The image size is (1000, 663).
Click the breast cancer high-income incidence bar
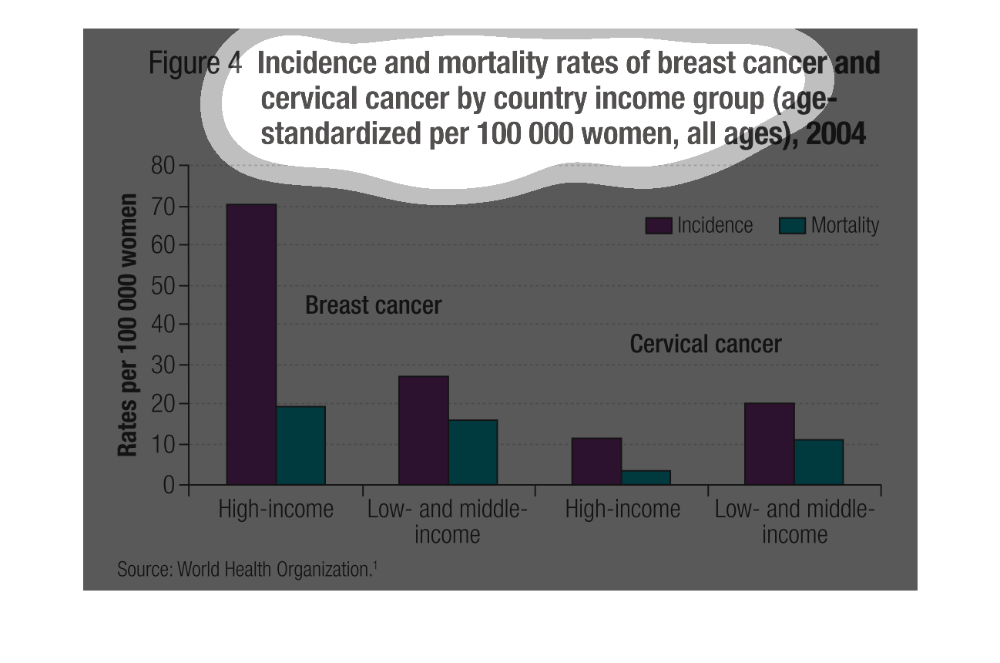tap(251, 344)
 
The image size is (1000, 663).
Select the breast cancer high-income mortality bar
tap(300, 446)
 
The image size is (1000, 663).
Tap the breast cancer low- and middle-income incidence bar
tap(423, 430)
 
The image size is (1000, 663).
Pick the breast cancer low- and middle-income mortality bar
tap(473, 453)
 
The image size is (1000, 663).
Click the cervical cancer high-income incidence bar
tap(596, 461)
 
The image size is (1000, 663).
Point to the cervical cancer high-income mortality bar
tap(646, 477)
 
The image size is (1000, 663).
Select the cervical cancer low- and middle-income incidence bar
tap(769, 443)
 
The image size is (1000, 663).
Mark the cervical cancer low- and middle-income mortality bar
tap(818, 462)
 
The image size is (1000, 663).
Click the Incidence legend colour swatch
tap(659, 225)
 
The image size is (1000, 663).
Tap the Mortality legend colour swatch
tap(793, 225)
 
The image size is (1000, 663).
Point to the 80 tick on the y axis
tap(183, 166)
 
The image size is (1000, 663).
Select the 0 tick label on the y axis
tap(169, 485)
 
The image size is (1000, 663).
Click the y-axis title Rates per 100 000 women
tap(128, 325)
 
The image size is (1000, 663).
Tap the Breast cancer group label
tap(373, 305)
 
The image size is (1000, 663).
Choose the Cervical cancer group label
tap(705, 344)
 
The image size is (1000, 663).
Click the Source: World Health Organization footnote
tap(247, 570)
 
